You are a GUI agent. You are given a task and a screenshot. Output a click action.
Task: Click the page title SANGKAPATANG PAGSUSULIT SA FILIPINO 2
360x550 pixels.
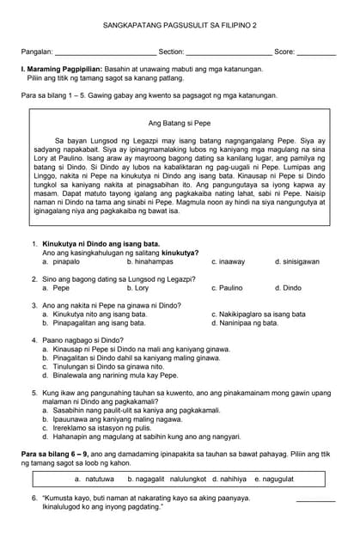click(x=180, y=27)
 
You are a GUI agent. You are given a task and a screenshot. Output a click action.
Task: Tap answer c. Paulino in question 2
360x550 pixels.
click(x=227, y=288)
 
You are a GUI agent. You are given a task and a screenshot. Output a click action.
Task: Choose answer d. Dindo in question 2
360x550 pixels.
click(x=288, y=288)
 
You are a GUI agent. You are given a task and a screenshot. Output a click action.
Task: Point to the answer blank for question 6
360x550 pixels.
click(x=315, y=498)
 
